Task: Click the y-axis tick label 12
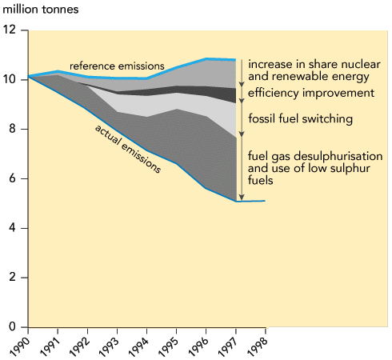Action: click(9, 30)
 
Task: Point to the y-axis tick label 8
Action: click(13, 129)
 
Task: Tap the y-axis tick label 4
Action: click(13, 228)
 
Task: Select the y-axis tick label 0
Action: click(13, 326)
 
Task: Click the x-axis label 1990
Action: click(19, 346)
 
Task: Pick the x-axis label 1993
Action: click(108, 346)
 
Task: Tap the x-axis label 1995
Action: click(167, 346)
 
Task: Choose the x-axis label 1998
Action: click(257, 346)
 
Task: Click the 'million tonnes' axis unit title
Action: click(41, 10)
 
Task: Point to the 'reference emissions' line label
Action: click(117, 66)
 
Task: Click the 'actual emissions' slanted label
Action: click(128, 149)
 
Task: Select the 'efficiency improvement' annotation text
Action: click(311, 93)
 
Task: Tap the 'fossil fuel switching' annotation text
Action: click(301, 118)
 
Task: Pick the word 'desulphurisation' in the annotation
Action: click(338, 156)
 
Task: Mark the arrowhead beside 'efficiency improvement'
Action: click(242, 101)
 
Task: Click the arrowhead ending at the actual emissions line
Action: click(242, 198)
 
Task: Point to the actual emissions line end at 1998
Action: click(265, 201)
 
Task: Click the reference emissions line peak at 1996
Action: click(206, 58)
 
